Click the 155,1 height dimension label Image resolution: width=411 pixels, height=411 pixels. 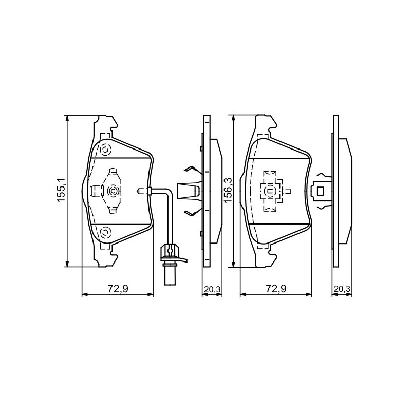tap(61, 190)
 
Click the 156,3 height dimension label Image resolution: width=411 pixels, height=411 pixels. tap(228, 190)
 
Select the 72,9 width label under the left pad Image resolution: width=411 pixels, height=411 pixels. tap(118, 289)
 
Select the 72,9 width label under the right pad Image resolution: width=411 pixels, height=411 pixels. tap(276, 289)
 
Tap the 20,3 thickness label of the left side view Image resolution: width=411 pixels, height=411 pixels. tap(213, 289)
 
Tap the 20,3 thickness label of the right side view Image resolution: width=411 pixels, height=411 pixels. tap(342, 289)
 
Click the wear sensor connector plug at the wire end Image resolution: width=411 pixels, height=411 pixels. tap(170, 264)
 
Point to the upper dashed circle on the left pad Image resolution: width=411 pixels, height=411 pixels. tap(105, 150)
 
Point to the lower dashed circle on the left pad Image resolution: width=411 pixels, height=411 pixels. tap(105, 232)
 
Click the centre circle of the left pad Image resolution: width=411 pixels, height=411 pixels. tap(113, 191)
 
